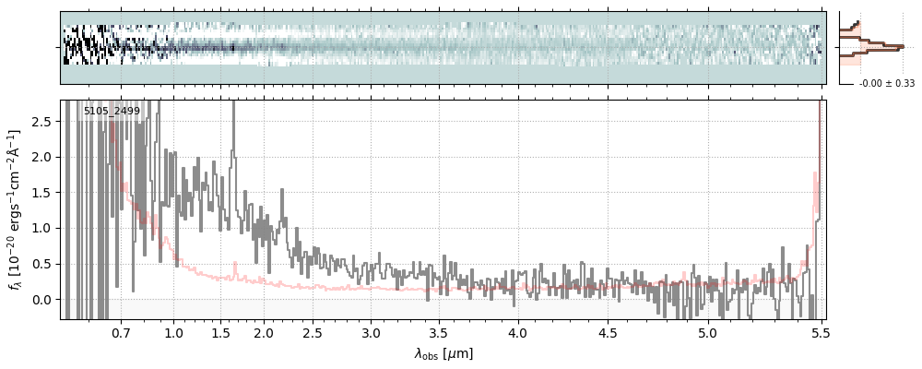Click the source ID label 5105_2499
click(x=112, y=112)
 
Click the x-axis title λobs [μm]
click(x=443, y=353)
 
